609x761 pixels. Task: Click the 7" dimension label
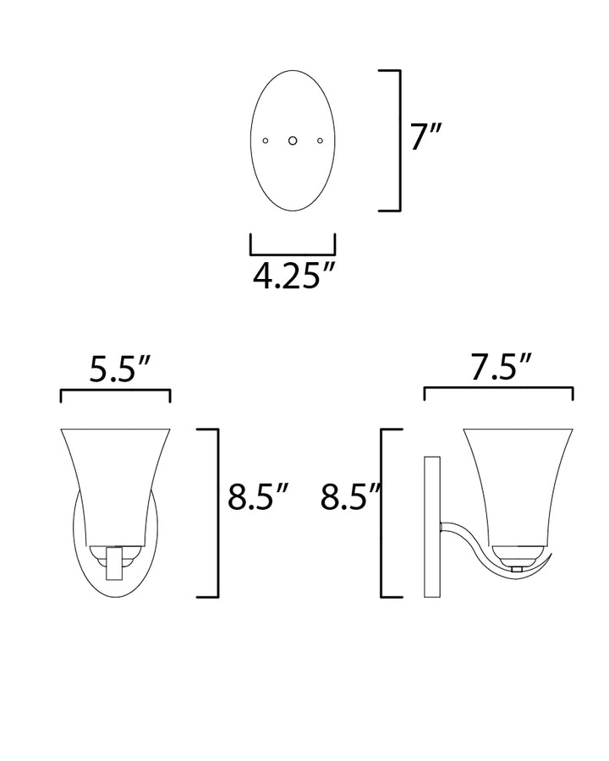pyautogui.click(x=426, y=136)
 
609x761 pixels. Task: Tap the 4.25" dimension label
pyautogui.click(x=294, y=276)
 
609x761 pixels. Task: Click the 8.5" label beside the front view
pyautogui.click(x=258, y=496)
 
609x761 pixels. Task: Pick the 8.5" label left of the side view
pyautogui.click(x=350, y=496)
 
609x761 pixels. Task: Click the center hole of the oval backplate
pyautogui.click(x=293, y=140)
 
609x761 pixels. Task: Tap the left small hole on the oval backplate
pyautogui.click(x=265, y=140)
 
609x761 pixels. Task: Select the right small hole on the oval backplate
pyautogui.click(x=320, y=140)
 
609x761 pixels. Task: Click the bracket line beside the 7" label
pyautogui.click(x=400, y=140)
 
